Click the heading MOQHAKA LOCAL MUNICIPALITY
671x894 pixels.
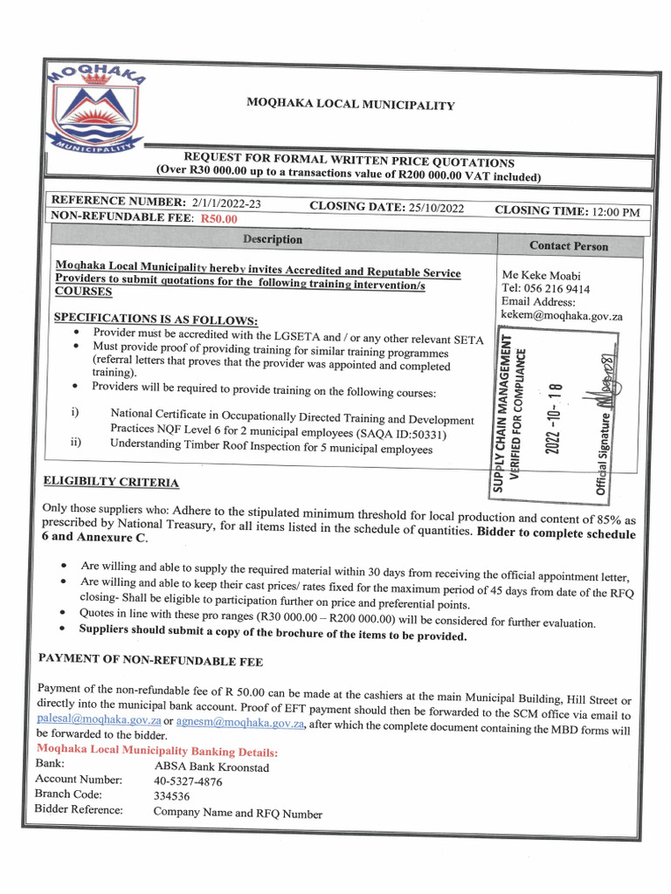coord(350,106)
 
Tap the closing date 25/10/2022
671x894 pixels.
coord(435,208)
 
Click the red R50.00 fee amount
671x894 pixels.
coord(219,219)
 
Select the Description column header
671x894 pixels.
coord(273,239)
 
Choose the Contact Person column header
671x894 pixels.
coord(569,246)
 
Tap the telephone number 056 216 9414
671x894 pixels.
coord(557,288)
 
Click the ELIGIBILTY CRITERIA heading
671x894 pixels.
coord(111,482)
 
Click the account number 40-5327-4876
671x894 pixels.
coord(189,781)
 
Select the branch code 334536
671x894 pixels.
coord(172,796)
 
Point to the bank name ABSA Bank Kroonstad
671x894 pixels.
coord(211,767)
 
